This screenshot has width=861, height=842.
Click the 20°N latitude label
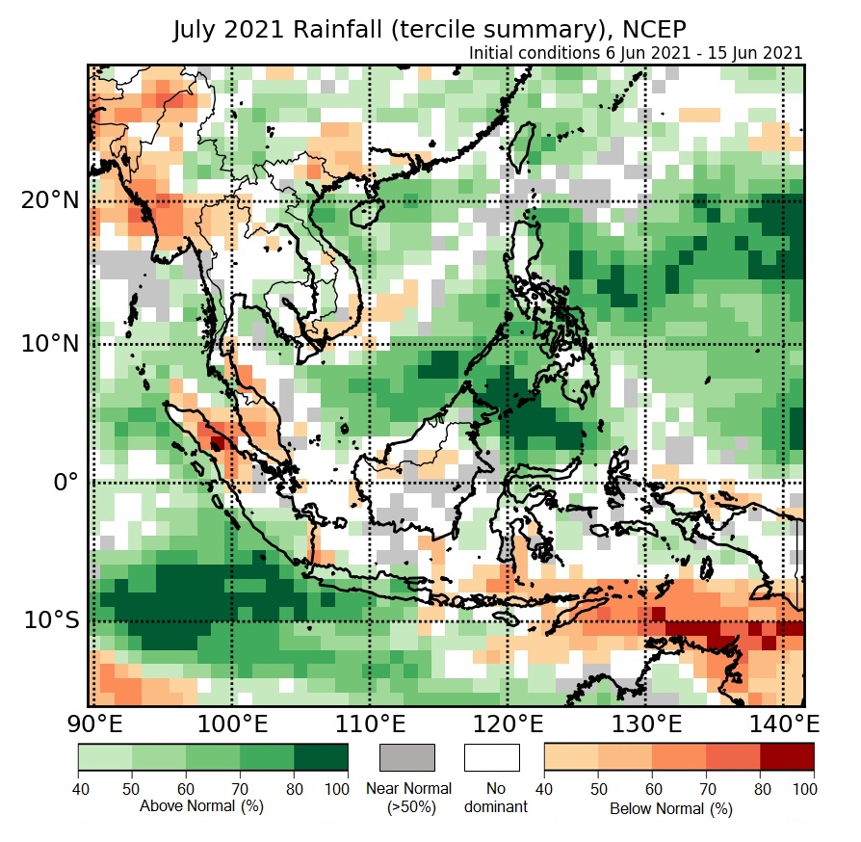[49, 201]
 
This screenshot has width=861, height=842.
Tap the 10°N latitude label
[49, 344]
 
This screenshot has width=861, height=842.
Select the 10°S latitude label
[51, 619]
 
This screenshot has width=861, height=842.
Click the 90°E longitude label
[92, 723]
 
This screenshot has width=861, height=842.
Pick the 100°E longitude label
[232, 723]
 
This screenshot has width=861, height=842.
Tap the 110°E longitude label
[370, 723]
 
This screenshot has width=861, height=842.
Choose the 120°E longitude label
[508, 723]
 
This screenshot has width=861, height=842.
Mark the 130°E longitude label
[645, 723]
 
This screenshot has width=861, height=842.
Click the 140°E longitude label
[782, 723]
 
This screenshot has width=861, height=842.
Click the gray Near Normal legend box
[407, 757]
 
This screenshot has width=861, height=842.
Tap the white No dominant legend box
[492, 757]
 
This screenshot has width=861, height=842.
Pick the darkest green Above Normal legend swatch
[322, 757]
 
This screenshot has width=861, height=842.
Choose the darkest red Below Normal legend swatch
[787, 757]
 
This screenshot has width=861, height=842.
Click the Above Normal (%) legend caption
[187, 805]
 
